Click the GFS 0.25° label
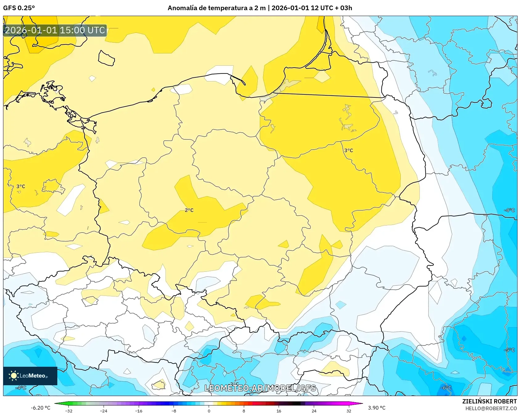click(x=19, y=8)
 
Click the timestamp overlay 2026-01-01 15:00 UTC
click(x=55, y=30)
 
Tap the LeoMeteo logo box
click(x=30, y=376)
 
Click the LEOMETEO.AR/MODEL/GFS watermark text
click(x=260, y=388)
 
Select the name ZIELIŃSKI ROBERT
click(x=489, y=401)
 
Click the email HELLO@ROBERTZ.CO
click(x=491, y=408)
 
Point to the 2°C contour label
click(x=189, y=210)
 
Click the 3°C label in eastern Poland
click(x=349, y=151)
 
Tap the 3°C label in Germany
click(x=21, y=186)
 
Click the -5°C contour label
click(x=509, y=350)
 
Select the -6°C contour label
click(x=446, y=388)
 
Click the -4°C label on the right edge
click(x=509, y=210)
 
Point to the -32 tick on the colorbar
click(x=69, y=411)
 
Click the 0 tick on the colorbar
click(x=209, y=411)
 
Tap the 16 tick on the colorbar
click(x=279, y=411)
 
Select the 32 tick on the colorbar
click(x=349, y=411)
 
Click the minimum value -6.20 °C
click(x=40, y=408)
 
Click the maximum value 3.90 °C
click(x=377, y=408)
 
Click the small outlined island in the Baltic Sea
click(x=106, y=58)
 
